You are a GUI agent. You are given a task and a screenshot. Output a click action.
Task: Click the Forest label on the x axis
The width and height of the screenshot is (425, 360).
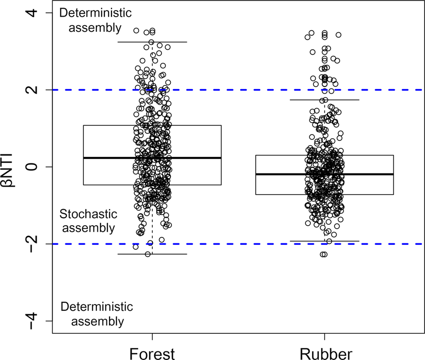(152, 353)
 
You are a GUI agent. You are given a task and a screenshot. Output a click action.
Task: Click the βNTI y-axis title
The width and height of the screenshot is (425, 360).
(12, 166)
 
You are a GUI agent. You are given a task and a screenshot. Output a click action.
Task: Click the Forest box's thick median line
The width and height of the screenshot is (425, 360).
(111, 158)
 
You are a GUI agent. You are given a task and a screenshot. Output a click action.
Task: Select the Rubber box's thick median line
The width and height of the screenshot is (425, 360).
(281, 174)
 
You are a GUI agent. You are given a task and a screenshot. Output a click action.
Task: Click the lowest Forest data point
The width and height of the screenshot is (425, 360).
(148, 254)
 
